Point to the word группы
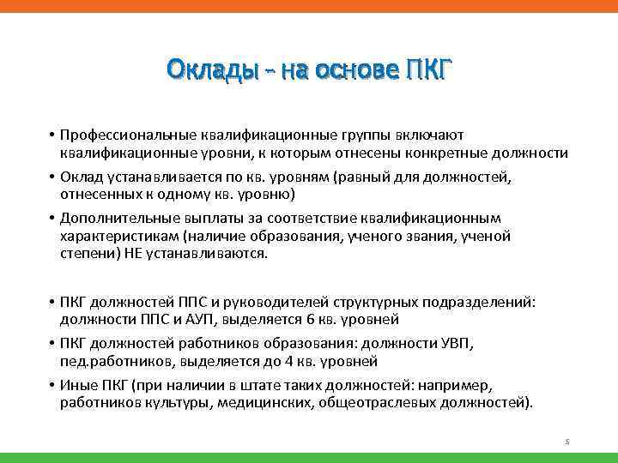[x=393, y=135]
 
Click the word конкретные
[x=452, y=153]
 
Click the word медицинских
[x=261, y=403]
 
